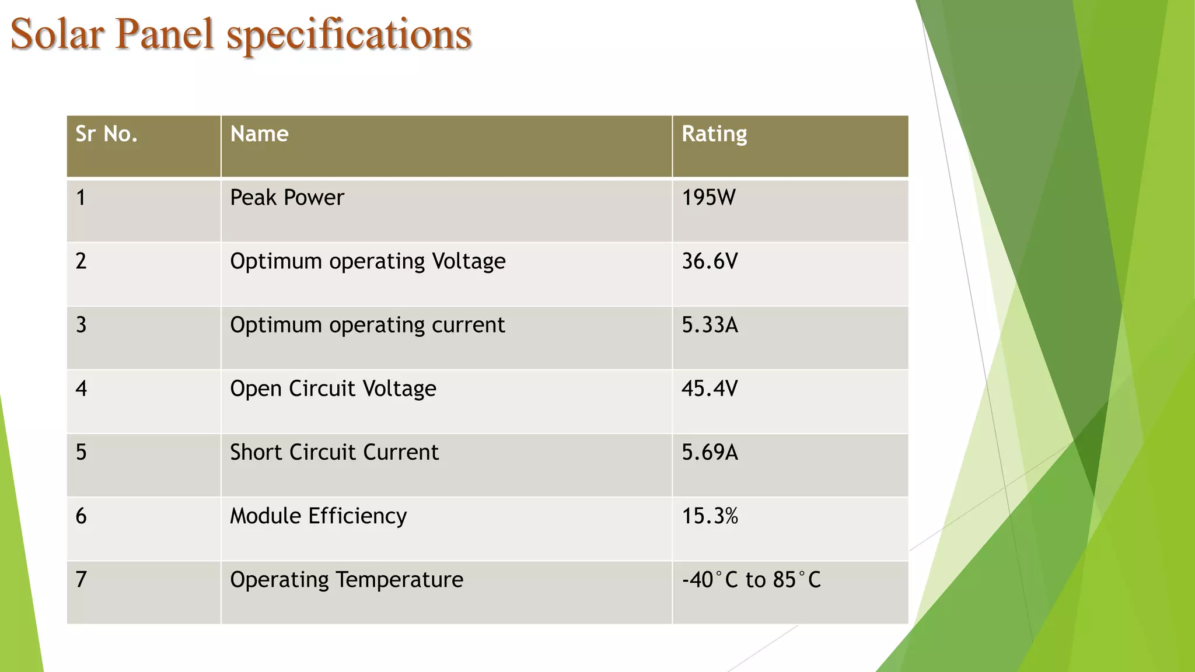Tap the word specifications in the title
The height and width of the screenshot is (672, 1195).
click(x=349, y=35)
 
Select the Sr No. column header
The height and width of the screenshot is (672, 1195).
click(x=106, y=134)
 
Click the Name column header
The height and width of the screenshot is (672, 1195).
click(x=259, y=134)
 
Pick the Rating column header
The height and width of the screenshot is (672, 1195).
click(x=714, y=134)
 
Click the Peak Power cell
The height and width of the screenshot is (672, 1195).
click(x=287, y=198)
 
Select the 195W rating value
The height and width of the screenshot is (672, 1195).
click(x=709, y=198)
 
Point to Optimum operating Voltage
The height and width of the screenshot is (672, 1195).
click(x=368, y=261)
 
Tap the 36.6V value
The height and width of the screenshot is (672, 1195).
click(x=710, y=261)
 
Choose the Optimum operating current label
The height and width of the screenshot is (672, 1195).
click(x=368, y=325)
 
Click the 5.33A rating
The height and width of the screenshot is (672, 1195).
click(x=710, y=325)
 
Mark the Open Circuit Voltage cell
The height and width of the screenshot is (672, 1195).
click(x=333, y=388)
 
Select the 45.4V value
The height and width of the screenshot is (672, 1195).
click(x=710, y=388)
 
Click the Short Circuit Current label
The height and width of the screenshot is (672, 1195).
click(x=334, y=452)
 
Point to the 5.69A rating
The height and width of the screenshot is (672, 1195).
click(x=710, y=452)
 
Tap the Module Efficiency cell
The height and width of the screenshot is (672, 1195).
click(x=319, y=516)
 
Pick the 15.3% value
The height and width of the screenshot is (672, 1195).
click(x=710, y=516)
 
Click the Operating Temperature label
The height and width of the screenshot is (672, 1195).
click(x=347, y=580)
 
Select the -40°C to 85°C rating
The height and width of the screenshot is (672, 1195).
click(x=752, y=580)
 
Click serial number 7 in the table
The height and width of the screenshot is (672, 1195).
click(x=81, y=580)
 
